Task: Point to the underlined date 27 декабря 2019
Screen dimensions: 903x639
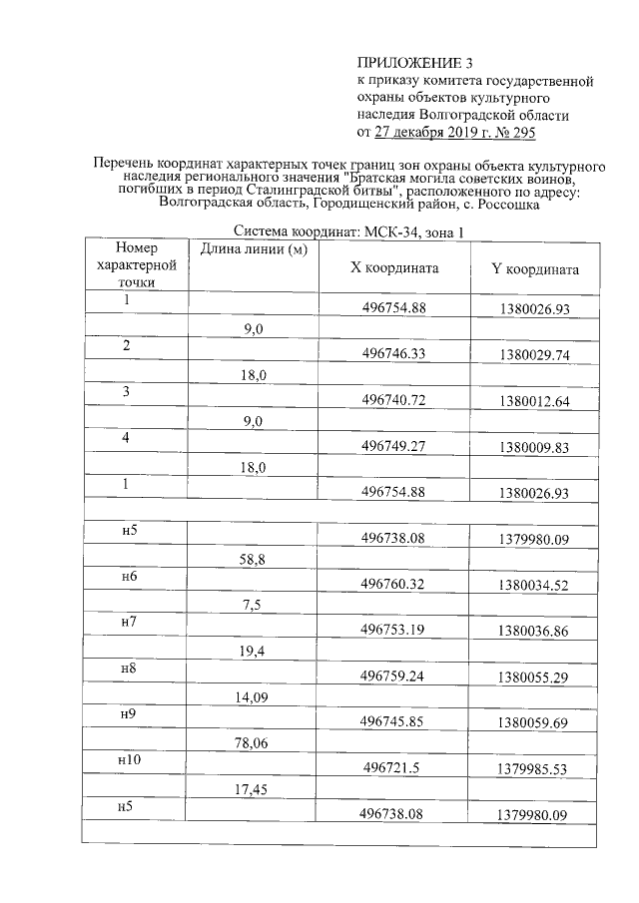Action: click(x=425, y=132)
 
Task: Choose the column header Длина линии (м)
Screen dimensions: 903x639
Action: click(x=253, y=248)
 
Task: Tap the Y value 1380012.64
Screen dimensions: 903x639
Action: click(x=536, y=401)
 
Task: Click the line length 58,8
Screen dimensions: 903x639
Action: click(x=252, y=561)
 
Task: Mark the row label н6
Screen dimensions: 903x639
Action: click(x=128, y=577)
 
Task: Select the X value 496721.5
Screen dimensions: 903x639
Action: click(x=397, y=769)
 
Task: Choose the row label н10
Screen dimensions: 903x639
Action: click(x=128, y=760)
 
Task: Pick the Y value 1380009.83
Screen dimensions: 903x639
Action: click(x=536, y=448)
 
